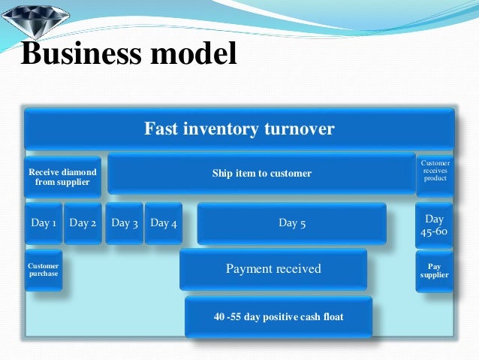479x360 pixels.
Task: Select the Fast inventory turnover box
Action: tap(239, 129)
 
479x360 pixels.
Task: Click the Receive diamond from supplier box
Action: tap(62, 177)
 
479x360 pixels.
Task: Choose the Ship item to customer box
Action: tap(261, 174)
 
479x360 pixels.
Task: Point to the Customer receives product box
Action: tap(435, 174)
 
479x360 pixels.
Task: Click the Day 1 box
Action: tap(44, 223)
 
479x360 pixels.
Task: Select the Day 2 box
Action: tap(83, 223)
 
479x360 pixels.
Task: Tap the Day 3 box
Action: tap(124, 223)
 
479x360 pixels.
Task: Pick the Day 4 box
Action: tap(164, 223)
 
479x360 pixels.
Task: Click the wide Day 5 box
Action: tap(291, 223)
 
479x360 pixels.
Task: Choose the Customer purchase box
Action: tap(44, 270)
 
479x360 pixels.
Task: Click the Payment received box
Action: tap(273, 269)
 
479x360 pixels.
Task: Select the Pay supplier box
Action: tap(435, 271)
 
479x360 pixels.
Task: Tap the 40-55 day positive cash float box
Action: tap(279, 316)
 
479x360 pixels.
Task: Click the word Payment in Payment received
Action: tap(249, 269)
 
